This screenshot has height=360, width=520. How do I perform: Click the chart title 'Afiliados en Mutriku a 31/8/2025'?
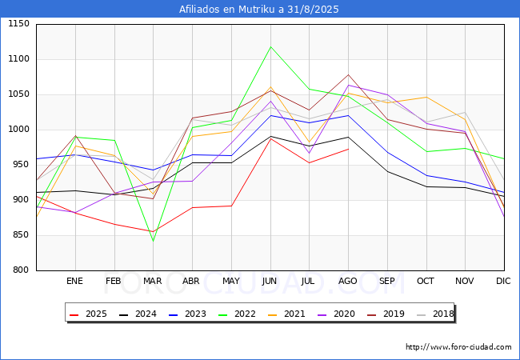point(259,10)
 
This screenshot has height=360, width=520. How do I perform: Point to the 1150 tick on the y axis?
point(18,24)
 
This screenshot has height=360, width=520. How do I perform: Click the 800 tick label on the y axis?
point(22,270)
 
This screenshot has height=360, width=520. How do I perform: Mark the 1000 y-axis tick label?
point(18,130)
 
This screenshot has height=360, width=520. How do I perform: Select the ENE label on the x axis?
point(74,282)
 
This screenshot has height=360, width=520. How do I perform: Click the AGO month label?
point(348,282)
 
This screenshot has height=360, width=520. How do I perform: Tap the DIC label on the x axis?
point(503,282)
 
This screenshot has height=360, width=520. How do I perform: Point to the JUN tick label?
point(270,282)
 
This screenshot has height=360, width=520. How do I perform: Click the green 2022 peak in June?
point(270,46)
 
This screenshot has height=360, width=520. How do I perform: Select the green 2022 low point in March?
point(153,241)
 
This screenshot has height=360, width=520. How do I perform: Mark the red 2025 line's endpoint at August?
point(348,149)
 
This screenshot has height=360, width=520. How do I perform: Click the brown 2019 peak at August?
point(348,74)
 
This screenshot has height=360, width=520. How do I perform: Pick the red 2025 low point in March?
point(153,232)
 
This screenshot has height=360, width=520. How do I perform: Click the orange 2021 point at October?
point(426,98)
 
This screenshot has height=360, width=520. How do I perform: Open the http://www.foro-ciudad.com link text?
point(458,347)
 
